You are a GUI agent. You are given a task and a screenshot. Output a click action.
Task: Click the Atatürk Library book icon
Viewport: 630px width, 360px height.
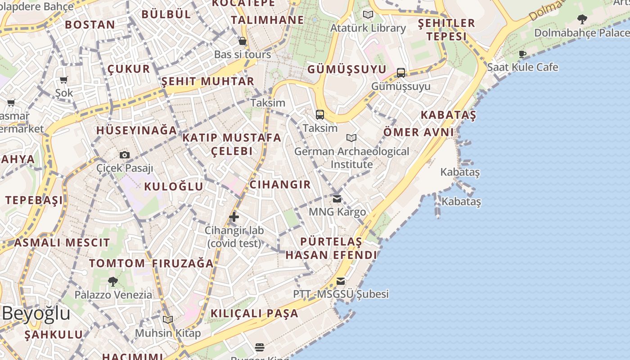[x=368, y=14]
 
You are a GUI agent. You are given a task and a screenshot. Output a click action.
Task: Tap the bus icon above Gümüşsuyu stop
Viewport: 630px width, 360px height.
[x=400, y=72]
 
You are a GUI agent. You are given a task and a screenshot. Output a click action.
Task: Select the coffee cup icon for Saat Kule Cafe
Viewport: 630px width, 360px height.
[x=522, y=54]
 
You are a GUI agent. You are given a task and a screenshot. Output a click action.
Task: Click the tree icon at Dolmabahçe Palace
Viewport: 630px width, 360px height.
[x=582, y=19]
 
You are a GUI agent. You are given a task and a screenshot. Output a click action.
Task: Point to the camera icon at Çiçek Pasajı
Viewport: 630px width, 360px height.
[x=125, y=155]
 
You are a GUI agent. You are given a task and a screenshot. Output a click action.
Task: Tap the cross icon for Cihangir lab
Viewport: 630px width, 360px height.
[x=234, y=217]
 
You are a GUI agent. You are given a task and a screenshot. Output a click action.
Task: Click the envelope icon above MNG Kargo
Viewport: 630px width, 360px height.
[x=337, y=199]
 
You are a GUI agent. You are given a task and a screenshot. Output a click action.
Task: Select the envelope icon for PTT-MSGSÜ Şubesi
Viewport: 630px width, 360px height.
[x=341, y=281]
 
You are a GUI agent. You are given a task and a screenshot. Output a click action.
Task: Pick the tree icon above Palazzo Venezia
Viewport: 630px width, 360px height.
[x=113, y=282]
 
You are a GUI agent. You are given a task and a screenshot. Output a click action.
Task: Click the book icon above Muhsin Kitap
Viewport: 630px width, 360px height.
[x=168, y=319]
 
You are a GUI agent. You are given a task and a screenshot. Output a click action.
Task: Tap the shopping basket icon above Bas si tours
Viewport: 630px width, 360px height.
[x=243, y=41]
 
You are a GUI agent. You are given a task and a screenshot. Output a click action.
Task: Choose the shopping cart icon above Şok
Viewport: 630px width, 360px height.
[x=63, y=80]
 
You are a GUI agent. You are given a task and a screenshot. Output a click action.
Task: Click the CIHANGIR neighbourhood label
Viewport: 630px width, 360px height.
[x=280, y=184]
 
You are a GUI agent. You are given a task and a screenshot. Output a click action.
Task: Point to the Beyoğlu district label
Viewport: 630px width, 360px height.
[x=36, y=314]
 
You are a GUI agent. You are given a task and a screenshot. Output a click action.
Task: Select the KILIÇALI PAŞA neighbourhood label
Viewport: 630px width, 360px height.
[x=255, y=313]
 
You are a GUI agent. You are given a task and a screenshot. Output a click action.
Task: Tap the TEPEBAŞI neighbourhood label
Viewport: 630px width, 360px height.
[x=34, y=200]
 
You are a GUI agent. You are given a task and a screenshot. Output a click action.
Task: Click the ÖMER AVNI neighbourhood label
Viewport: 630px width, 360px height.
[x=418, y=132]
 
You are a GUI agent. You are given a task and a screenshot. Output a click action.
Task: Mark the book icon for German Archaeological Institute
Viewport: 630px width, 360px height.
[x=351, y=138]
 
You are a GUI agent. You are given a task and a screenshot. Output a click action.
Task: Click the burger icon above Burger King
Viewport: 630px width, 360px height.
[x=260, y=347]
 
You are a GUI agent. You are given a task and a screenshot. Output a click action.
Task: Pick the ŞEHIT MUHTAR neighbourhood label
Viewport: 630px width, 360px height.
[x=208, y=81]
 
